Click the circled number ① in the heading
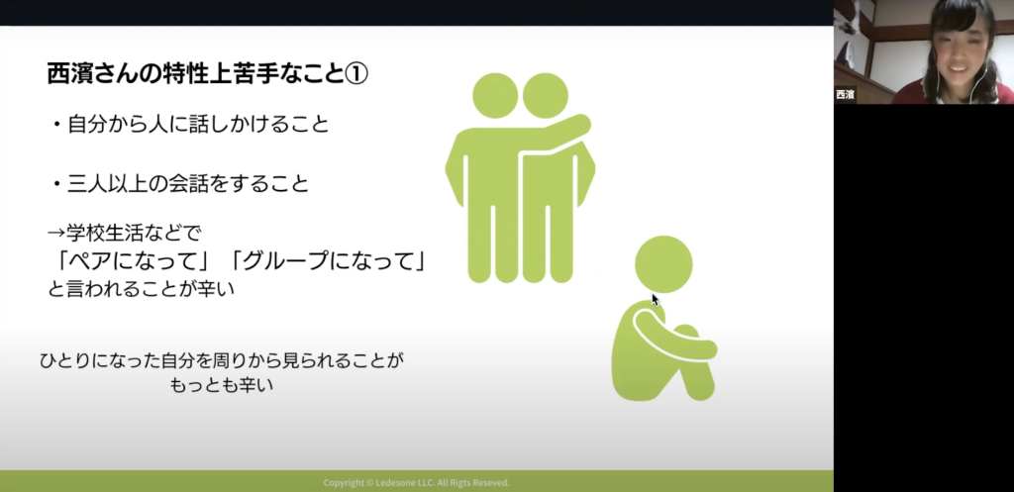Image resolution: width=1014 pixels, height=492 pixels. [355, 74]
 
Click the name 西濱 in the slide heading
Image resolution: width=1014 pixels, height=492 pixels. [70, 74]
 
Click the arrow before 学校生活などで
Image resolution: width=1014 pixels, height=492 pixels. [56, 232]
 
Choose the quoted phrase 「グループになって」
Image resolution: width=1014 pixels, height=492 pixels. [329, 262]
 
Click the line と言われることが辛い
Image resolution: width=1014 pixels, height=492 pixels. [141, 288]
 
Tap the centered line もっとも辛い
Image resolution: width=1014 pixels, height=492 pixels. [222, 385]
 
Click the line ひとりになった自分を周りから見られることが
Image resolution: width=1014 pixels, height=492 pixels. [222, 360]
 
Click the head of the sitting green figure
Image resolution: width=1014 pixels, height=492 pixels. [663, 263]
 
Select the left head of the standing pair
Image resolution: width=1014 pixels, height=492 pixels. [495, 96]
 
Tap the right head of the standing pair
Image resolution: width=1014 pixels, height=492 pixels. [546, 96]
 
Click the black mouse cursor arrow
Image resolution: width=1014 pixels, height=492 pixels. [656, 300]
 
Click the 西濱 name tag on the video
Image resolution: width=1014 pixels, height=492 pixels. [845, 94]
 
